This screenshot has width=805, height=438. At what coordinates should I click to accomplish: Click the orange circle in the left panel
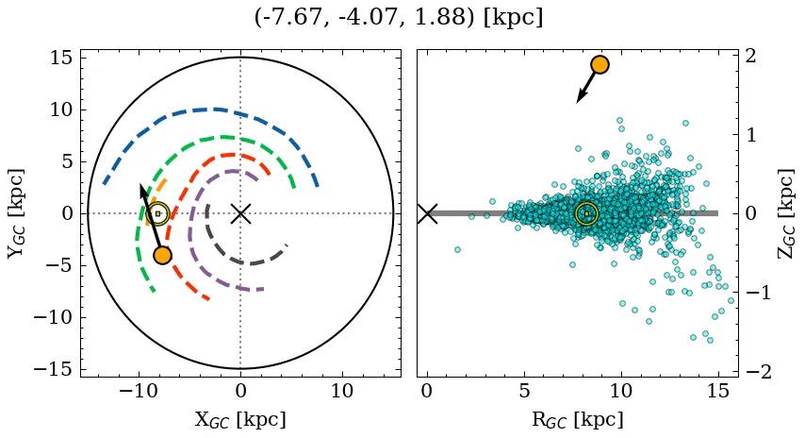pyautogui.click(x=162, y=255)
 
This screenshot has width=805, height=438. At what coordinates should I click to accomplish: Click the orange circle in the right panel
pyautogui.click(x=600, y=64)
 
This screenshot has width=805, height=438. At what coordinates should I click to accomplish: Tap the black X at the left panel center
pyautogui.click(x=240, y=213)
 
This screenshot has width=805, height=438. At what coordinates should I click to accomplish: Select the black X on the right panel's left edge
pyautogui.click(x=427, y=213)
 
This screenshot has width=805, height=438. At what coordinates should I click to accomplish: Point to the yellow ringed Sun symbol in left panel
pyautogui.click(x=157, y=213)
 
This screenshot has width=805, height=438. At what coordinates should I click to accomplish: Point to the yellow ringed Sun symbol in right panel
pyautogui.click(x=586, y=213)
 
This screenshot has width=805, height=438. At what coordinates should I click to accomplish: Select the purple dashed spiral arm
pyautogui.click(x=192, y=227)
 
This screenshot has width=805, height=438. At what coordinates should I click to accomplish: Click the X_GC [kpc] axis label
pyautogui.click(x=240, y=419)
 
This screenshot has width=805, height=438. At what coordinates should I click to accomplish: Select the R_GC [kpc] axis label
pyautogui.click(x=578, y=419)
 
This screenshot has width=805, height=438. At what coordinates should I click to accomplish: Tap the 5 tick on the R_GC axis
pyautogui.click(x=524, y=391)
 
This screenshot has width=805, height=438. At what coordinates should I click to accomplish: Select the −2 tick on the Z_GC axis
pyautogui.click(x=760, y=372)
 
